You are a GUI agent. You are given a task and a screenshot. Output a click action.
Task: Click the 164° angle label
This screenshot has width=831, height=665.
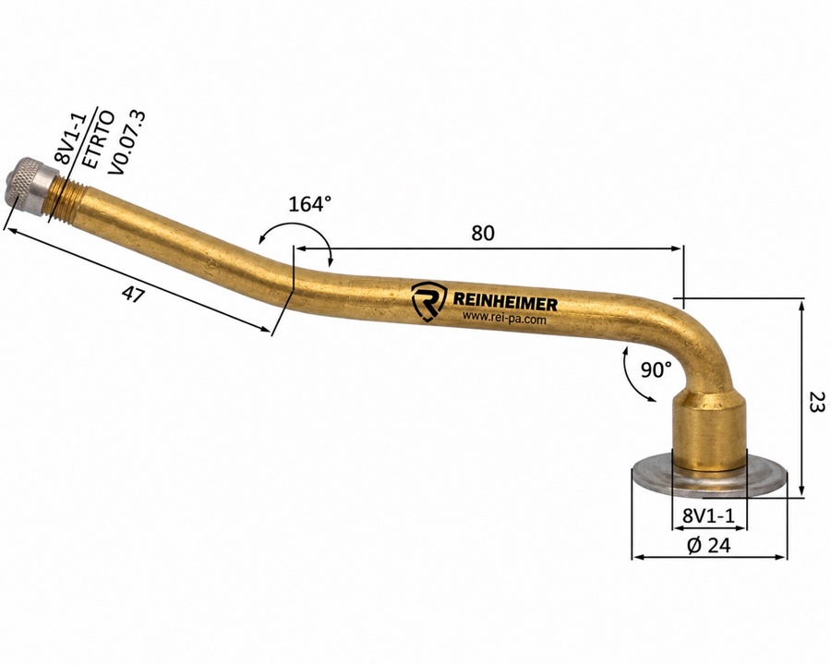coord(310,203)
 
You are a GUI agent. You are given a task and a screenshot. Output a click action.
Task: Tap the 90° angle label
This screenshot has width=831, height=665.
coord(656,369)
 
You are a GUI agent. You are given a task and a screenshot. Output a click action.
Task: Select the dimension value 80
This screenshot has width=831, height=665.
coord(482,233)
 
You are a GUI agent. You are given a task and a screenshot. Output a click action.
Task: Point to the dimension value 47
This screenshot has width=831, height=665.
coord(133,294)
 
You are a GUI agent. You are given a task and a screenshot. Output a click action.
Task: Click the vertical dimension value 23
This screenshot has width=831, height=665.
coord(817,402)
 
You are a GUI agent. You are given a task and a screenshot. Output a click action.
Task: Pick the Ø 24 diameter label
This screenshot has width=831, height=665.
coord(708,545)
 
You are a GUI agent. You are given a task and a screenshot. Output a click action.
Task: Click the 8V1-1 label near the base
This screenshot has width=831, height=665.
coord(708,515)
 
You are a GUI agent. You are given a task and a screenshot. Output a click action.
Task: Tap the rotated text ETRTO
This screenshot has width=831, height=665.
coord(99,139)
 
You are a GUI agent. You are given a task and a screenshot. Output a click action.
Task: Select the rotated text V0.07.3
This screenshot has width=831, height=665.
coord(126,142)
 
